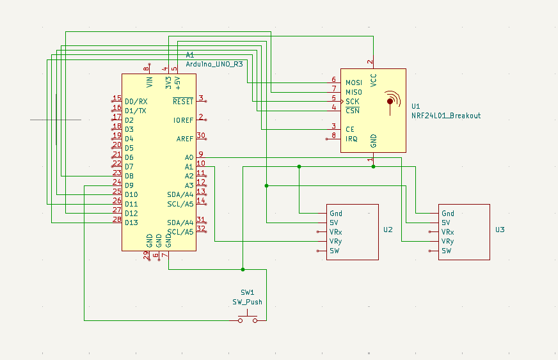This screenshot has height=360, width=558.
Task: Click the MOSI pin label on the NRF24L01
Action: [x=353, y=82]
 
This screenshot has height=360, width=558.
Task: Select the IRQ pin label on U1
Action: [x=351, y=139]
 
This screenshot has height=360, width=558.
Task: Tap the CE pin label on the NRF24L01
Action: [x=349, y=129]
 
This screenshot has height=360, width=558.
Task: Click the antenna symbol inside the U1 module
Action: [x=390, y=102]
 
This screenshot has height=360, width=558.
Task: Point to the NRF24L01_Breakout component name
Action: [x=445, y=116]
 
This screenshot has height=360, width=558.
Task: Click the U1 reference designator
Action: [x=416, y=106]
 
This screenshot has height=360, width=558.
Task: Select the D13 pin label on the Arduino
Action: [x=131, y=223]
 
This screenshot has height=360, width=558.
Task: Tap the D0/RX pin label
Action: [x=136, y=102]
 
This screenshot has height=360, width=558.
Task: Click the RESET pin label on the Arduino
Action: [x=182, y=102]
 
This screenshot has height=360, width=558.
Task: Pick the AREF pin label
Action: [x=184, y=139]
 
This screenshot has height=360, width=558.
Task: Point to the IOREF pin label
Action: [x=183, y=120]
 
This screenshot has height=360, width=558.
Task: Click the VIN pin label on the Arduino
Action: [x=150, y=81]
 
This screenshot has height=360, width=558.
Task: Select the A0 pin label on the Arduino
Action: [x=189, y=157]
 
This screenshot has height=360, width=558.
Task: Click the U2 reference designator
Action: [x=388, y=230]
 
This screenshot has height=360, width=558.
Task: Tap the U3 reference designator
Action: [x=500, y=230]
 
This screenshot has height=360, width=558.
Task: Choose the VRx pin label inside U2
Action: [x=335, y=232]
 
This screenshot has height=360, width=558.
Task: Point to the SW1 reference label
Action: [x=247, y=292]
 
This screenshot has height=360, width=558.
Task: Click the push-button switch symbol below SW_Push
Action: [x=248, y=318]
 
